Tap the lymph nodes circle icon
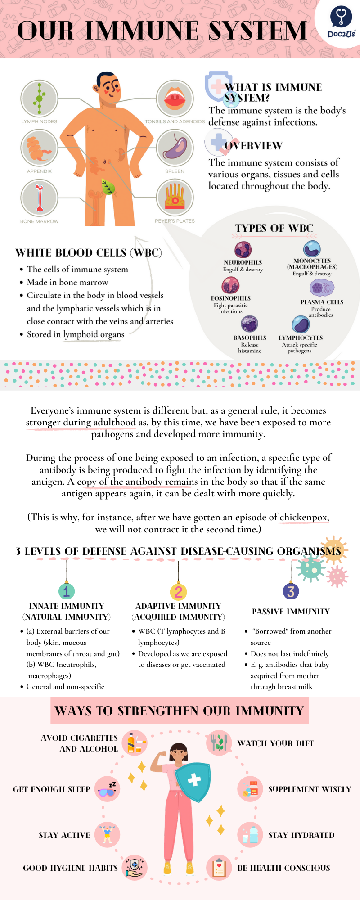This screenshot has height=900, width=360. click(39, 99)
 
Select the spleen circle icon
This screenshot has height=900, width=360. click(175, 148)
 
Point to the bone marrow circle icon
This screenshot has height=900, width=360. click(39, 198)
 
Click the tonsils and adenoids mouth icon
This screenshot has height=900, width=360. click(175, 99)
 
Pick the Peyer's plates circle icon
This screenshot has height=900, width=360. click(175, 198)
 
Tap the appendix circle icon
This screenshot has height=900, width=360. click(39, 148)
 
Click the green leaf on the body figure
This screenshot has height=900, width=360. click(108, 186)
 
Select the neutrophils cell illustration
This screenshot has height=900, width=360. click(243, 249)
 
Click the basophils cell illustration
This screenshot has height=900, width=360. click(249, 324)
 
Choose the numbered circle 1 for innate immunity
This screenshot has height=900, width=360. click(67, 591)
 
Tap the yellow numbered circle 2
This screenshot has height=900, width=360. click(178, 591)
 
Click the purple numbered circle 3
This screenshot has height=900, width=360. click(291, 591)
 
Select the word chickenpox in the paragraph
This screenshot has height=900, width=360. click(304, 517)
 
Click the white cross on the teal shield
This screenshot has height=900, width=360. click(194, 779)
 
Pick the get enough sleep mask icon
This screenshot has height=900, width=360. click(107, 789)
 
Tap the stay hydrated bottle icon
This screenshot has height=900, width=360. click(250, 835)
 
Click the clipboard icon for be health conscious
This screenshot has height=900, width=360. click(219, 868)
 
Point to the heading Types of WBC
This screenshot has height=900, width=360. click(274, 228)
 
